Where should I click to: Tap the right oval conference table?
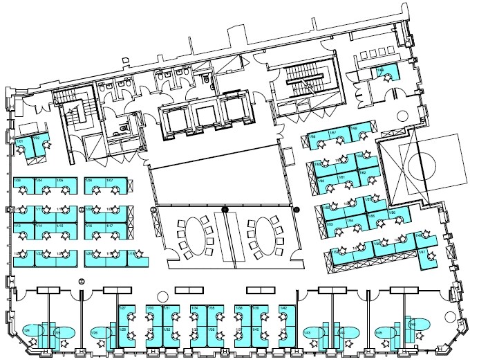click(265, 230)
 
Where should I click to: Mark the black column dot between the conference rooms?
click(225, 208)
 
